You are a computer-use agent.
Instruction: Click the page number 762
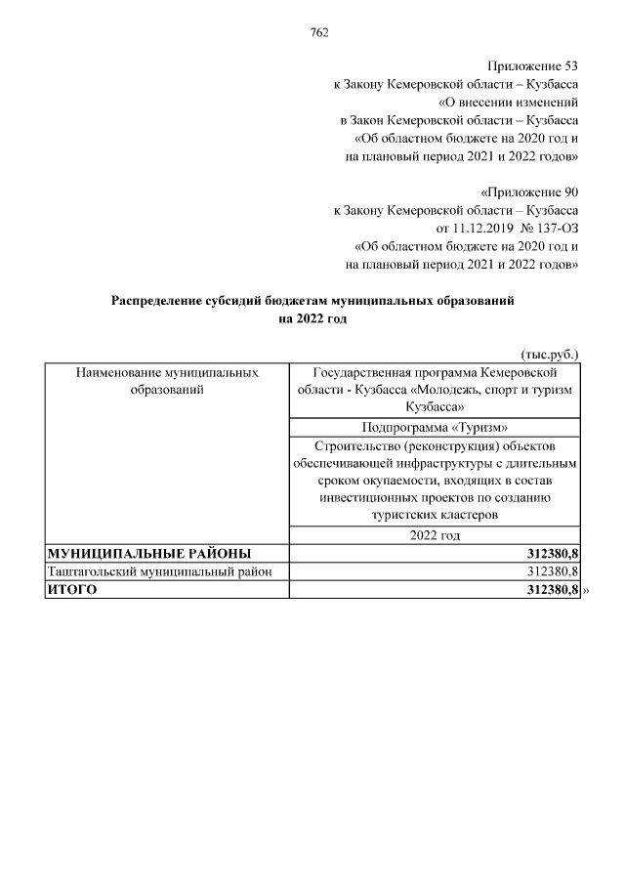pos(318,32)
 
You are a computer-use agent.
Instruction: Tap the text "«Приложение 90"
pos(531,190)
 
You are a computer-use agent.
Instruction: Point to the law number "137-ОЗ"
pos(555,228)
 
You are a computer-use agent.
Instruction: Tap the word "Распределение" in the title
pos(155,301)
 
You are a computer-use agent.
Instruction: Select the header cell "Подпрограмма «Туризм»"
pos(435,427)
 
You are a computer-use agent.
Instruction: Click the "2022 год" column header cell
pos(435,535)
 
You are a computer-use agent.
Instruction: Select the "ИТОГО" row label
pos(74,590)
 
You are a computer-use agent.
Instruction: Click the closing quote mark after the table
pos(587,590)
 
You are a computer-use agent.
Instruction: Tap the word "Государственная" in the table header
pos(358,372)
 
